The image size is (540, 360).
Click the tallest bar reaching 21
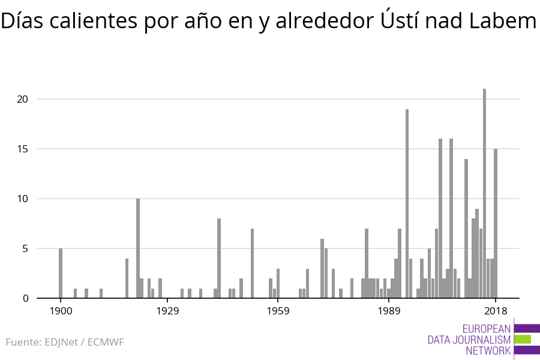tap(484, 193)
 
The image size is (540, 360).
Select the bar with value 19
tap(407, 203)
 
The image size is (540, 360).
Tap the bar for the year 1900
tap(61, 273)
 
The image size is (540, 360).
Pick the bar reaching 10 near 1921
tap(138, 248)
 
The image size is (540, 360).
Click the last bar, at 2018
tap(496, 223)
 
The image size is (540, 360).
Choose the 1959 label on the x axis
tap(278, 311)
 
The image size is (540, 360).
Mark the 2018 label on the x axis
tap(496, 311)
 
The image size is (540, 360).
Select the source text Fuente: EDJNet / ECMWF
tap(65, 343)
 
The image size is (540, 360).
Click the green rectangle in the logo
tap(523, 339)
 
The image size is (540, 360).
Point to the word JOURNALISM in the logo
tap(469, 340)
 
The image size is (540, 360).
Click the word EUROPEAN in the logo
tap(487, 329)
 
